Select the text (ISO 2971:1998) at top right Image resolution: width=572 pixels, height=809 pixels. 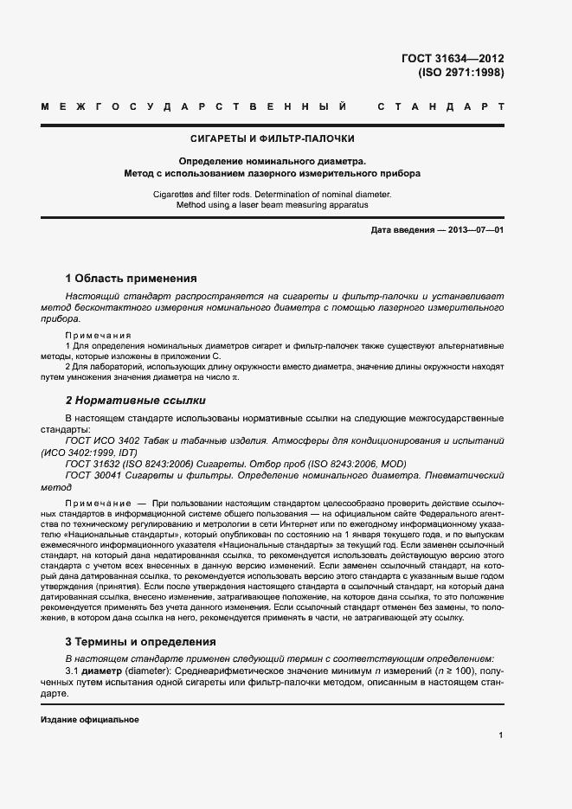[460, 73]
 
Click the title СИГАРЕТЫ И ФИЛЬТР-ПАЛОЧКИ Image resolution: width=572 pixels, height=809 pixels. [273, 138]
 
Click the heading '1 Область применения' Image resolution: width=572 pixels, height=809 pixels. [132, 279]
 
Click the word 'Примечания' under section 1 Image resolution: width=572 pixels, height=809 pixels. [99, 335]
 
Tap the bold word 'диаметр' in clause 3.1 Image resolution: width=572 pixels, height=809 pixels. [103, 671]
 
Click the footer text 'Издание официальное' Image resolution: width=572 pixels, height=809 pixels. [90, 720]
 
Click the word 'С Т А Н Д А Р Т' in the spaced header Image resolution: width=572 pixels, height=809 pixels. [441, 107]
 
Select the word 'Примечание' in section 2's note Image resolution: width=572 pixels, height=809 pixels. [94, 503]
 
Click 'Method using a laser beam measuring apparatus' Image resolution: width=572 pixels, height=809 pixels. [273, 206]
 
